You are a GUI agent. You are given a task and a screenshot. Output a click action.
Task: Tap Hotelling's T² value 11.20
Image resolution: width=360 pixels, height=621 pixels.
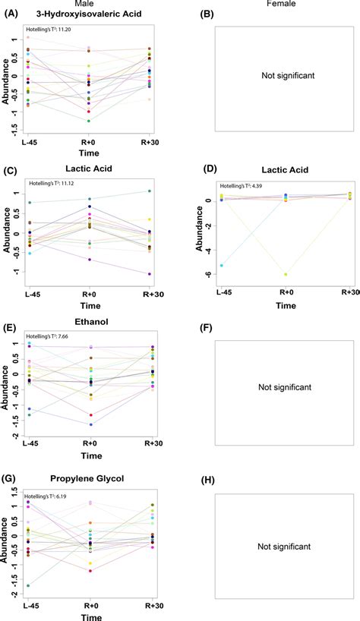49,29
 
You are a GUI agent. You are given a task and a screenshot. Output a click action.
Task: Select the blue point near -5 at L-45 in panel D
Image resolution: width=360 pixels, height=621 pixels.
221,266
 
